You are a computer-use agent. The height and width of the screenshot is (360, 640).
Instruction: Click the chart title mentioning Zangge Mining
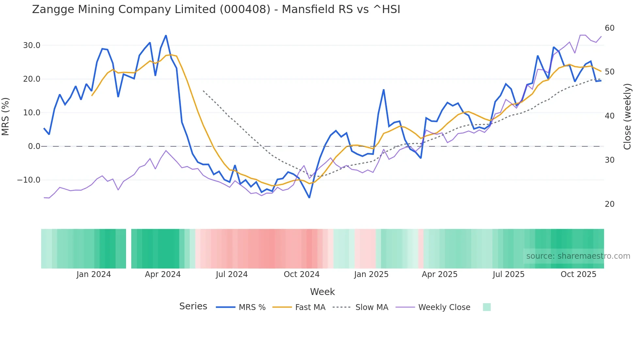216,9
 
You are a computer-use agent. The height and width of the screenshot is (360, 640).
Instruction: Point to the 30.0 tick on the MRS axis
32,45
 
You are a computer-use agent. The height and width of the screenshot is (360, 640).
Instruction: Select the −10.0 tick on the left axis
29,180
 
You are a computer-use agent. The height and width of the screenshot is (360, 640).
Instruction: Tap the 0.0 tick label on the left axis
34,146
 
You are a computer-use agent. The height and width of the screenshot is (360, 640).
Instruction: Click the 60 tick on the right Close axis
609,28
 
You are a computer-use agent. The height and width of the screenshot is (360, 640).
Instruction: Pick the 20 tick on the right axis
609,204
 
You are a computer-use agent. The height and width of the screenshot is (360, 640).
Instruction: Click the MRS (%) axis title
6,116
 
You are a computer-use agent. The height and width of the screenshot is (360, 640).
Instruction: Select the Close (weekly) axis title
627,116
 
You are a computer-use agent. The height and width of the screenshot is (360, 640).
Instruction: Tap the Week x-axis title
322,292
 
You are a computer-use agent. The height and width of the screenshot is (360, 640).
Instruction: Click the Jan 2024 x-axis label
94,274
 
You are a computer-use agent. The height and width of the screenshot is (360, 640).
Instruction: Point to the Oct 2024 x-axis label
301,274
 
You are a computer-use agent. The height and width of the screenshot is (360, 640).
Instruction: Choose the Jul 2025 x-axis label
508,274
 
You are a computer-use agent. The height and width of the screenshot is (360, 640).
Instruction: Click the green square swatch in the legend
487,307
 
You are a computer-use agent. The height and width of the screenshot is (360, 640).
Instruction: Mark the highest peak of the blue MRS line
166,35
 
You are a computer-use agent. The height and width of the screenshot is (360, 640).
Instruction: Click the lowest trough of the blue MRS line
309,198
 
